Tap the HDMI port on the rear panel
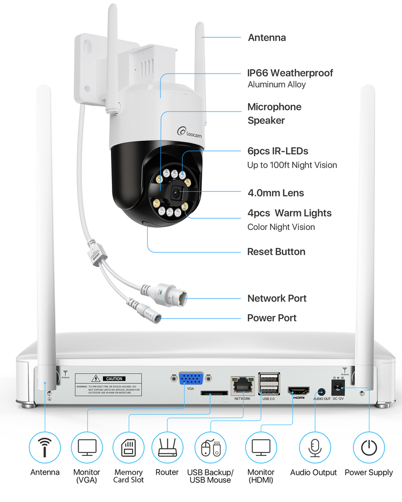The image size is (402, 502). click(298, 391)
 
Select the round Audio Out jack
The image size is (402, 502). click(322, 392)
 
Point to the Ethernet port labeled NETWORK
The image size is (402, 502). click(242, 386)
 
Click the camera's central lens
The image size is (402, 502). click(176, 193)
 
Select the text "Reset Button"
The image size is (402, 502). click(276, 252)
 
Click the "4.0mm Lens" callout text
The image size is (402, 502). click(275, 193)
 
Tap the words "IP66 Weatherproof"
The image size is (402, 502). click(290, 73)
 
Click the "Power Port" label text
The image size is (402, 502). click(272, 318)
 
